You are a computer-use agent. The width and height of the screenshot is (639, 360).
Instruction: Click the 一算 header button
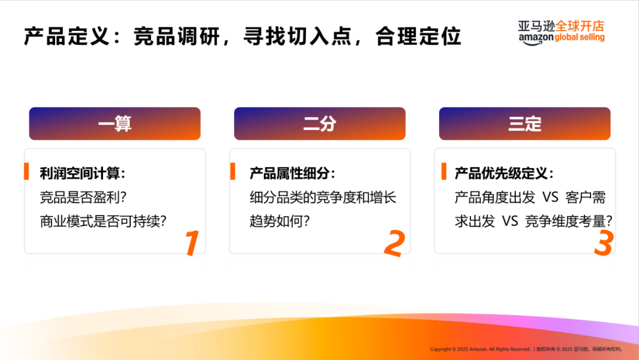click(x=115, y=124)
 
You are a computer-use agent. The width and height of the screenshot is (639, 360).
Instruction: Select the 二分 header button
click(x=319, y=124)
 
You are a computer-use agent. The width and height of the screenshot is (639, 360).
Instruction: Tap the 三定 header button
click(x=524, y=124)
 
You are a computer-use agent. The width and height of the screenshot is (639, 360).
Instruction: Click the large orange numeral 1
click(x=191, y=243)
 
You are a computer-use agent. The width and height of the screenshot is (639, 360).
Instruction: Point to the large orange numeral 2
click(x=394, y=243)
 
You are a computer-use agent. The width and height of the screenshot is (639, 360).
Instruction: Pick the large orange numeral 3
click(x=603, y=243)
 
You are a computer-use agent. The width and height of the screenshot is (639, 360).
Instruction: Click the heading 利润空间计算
click(x=82, y=173)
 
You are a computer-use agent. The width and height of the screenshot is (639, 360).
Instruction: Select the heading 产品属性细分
click(x=292, y=173)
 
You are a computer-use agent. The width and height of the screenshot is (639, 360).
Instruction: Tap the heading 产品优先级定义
click(x=504, y=173)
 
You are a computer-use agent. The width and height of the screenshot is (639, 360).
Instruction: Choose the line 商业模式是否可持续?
click(x=103, y=221)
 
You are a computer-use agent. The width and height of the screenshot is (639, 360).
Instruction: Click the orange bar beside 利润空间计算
click(x=27, y=172)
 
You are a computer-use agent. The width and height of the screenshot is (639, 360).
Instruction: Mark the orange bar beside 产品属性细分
click(x=233, y=172)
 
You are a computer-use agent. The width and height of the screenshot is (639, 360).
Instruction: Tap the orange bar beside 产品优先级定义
click(x=444, y=172)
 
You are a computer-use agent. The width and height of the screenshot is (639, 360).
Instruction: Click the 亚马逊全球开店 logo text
click(x=561, y=26)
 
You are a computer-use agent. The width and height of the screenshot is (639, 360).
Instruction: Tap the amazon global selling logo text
click(x=561, y=38)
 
